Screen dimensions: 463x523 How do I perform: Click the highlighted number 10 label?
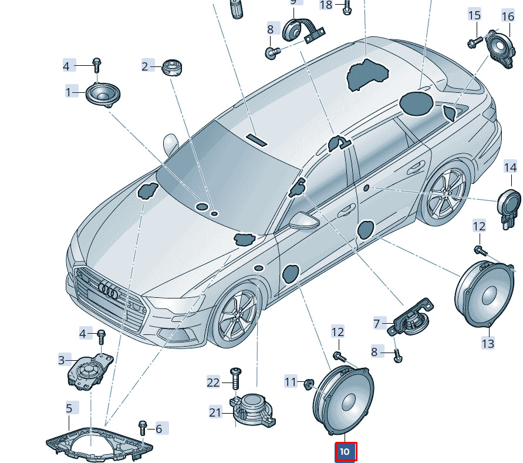(x=345, y=452)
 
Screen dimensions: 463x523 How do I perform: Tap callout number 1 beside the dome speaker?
(x=70, y=92)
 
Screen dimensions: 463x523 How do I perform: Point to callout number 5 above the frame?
(x=69, y=408)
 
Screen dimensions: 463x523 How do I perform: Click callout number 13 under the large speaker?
(x=488, y=343)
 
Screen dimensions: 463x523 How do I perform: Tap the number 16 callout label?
(x=508, y=16)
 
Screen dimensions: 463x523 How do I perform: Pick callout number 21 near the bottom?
(x=216, y=412)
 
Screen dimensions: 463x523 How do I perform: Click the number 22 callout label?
(x=213, y=383)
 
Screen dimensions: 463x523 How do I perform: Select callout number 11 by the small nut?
(x=291, y=382)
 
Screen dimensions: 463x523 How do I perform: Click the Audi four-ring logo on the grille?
(x=109, y=288)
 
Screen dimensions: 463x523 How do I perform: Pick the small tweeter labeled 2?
(x=172, y=66)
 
